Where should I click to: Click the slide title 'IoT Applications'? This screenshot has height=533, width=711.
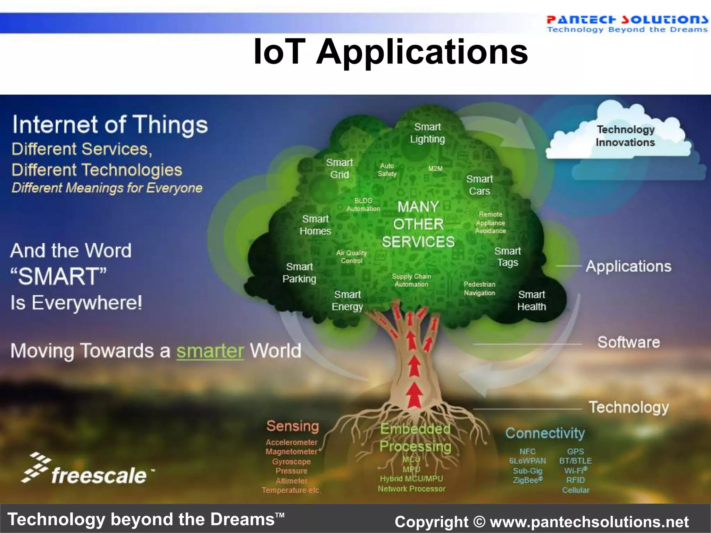[391, 52]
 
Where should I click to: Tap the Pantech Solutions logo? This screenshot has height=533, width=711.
[627, 24]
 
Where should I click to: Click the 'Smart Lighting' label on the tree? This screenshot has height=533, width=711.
[427, 133]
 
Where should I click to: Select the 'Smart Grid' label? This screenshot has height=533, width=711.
[340, 169]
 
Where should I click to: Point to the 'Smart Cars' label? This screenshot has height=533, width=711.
[479, 185]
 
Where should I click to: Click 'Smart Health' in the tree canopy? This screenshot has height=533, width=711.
[532, 301]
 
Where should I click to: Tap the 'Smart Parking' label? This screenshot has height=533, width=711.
[299, 273]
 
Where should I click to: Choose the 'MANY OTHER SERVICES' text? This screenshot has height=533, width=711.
[418, 224]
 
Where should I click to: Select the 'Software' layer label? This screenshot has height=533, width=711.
[628, 342]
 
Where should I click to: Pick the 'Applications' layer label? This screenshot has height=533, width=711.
[628, 266]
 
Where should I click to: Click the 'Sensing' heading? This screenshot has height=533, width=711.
[293, 426]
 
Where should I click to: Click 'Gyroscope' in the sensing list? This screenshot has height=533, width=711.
[291, 462]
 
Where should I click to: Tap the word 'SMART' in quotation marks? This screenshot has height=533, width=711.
[58, 277]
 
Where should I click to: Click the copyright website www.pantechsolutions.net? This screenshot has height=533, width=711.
[589, 522]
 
